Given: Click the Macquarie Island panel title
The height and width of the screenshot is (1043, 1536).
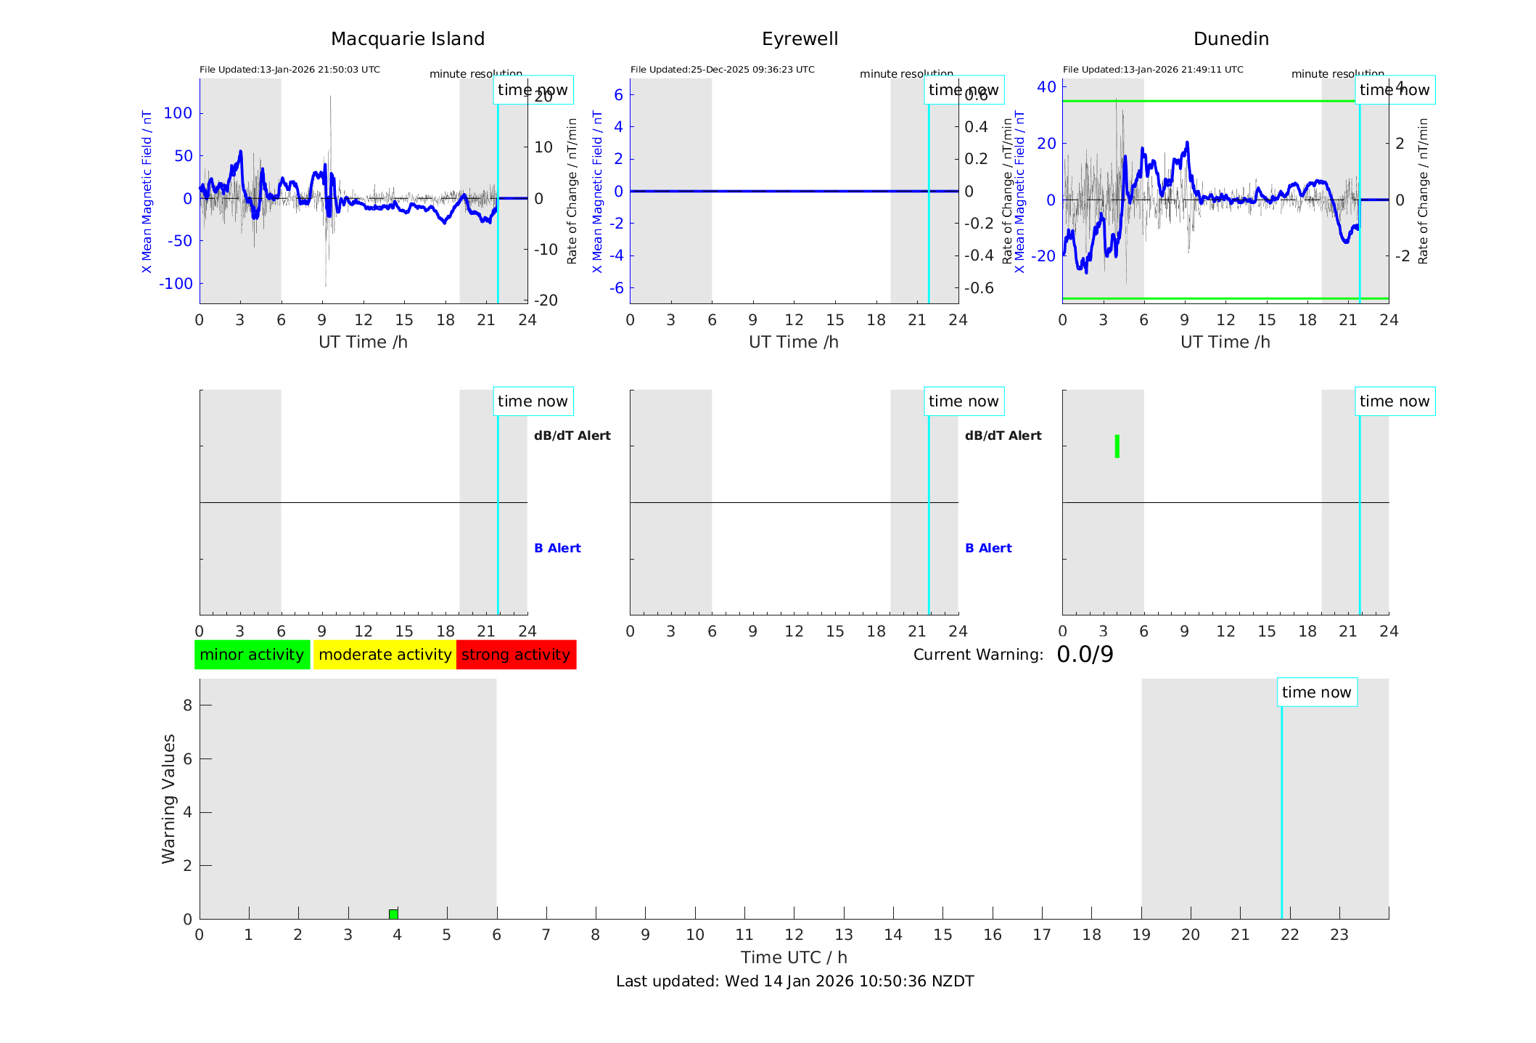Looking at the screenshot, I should [x=407, y=39].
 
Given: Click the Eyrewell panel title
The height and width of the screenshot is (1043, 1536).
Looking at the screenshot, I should [x=800, y=39].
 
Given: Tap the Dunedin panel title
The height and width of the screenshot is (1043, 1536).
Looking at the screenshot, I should [x=1231, y=39].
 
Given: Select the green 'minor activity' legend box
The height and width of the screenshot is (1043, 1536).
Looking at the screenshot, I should [x=252, y=655].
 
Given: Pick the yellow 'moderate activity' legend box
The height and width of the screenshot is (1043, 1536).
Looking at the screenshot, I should [x=385, y=655].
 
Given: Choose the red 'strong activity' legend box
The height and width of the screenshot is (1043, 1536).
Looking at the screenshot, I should [x=516, y=655].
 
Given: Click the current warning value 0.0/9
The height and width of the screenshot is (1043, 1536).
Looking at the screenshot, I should [x=1085, y=655].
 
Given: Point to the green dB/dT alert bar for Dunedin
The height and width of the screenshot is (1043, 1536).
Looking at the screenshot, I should [x=1117, y=446].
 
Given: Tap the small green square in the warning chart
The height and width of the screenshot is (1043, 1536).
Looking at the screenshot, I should [x=393, y=914].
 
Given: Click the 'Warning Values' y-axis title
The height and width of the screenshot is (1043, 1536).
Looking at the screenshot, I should [x=168, y=798].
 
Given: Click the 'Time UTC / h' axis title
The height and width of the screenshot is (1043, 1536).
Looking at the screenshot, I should [x=794, y=957].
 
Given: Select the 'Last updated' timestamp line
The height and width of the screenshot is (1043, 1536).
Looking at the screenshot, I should [x=794, y=981].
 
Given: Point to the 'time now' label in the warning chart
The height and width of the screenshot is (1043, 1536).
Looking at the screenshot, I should [x=1316, y=692].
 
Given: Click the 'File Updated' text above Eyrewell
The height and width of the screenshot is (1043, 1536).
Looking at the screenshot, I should [x=722, y=70].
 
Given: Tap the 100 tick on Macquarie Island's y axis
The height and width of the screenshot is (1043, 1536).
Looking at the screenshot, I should [x=178, y=113].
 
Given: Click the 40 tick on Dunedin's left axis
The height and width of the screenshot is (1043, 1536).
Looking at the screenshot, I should [x=1046, y=87].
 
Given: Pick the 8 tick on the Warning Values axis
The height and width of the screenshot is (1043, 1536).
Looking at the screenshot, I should [x=187, y=705].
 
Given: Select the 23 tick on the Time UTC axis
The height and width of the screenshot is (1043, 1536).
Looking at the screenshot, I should [x=1339, y=935].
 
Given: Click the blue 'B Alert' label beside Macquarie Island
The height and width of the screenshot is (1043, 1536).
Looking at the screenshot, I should [x=557, y=548].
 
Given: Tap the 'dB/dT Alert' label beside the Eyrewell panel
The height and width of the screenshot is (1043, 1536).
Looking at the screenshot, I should [x=1003, y=435].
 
